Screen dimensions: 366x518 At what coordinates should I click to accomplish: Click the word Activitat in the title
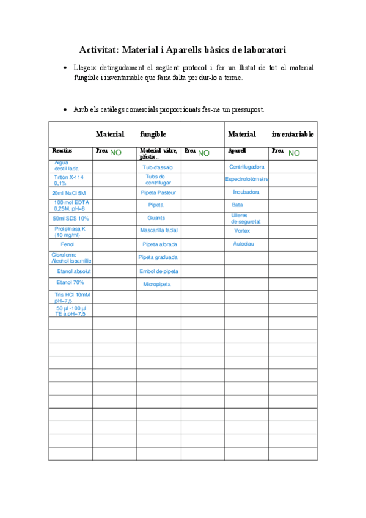pyautogui.click(x=100, y=49)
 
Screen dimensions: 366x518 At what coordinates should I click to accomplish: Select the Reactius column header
pyautogui.click(x=62, y=150)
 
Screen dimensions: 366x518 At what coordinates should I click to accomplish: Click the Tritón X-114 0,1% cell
pyautogui.click(x=69, y=180)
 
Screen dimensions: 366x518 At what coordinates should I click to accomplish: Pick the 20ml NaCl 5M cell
pyautogui.click(x=69, y=192)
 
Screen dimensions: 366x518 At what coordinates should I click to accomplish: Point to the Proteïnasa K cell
pyautogui.click(x=70, y=232)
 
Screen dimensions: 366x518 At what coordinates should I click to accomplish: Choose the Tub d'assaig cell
pyautogui.click(x=158, y=167)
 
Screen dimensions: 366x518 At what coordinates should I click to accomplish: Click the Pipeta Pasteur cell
pyautogui.click(x=158, y=192)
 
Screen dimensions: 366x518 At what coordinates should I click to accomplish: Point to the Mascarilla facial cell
pyautogui.click(x=158, y=231)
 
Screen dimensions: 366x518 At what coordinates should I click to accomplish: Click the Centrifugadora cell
pyautogui.click(x=246, y=167)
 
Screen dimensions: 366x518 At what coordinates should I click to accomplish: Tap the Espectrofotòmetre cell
pyautogui.click(x=247, y=179)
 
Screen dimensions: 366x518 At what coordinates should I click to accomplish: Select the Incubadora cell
pyautogui.click(x=246, y=192)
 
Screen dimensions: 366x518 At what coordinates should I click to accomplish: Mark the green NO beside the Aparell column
pyautogui.click(x=294, y=153)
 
